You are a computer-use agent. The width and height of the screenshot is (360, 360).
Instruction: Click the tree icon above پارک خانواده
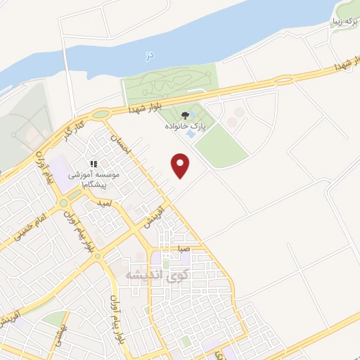point(186,115)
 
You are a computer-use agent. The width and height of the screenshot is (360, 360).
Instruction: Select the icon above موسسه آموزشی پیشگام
point(94,165)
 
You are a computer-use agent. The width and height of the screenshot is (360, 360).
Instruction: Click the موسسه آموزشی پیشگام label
point(94,179)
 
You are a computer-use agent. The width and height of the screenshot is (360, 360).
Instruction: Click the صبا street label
point(185,249)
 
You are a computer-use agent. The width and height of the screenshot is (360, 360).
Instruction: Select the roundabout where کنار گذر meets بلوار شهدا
point(101,114)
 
